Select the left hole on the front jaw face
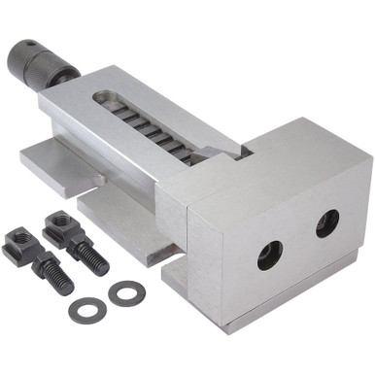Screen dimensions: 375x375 (x=269, y=256)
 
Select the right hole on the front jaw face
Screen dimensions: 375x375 (x=327, y=223)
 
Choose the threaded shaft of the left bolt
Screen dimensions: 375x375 (x=53, y=274)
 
